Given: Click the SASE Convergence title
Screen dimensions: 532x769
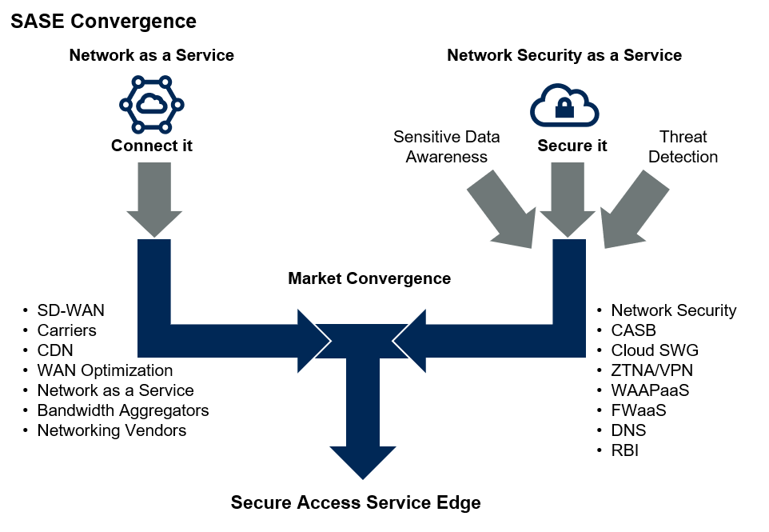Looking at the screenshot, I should [x=103, y=21].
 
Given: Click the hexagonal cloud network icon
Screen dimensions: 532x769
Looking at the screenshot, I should [x=151, y=104].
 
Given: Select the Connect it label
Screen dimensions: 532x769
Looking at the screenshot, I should [x=152, y=146].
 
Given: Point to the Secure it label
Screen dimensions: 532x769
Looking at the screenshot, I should [x=572, y=146].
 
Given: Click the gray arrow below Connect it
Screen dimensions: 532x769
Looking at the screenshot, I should [x=153, y=200].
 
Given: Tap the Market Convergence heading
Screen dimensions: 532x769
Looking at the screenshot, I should [x=369, y=278].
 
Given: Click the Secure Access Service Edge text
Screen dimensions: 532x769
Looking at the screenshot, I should [x=356, y=502].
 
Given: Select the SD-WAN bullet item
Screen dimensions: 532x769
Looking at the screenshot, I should [x=70, y=310].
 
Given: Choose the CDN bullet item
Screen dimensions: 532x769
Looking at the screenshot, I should [x=54, y=350].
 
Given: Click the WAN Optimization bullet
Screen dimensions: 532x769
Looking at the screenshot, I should [x=104, y=370].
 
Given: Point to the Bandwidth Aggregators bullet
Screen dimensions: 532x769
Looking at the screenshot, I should [x=122, y=410].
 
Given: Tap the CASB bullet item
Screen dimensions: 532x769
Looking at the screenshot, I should [x=633, y=330].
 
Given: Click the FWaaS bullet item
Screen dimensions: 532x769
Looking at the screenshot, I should [x=638, y=410].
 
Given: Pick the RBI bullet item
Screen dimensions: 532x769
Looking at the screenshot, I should [x=624, y=450].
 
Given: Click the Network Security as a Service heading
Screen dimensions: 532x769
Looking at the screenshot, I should [x=564, y=55].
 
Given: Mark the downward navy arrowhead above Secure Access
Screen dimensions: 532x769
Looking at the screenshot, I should [x=363, y=459].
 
